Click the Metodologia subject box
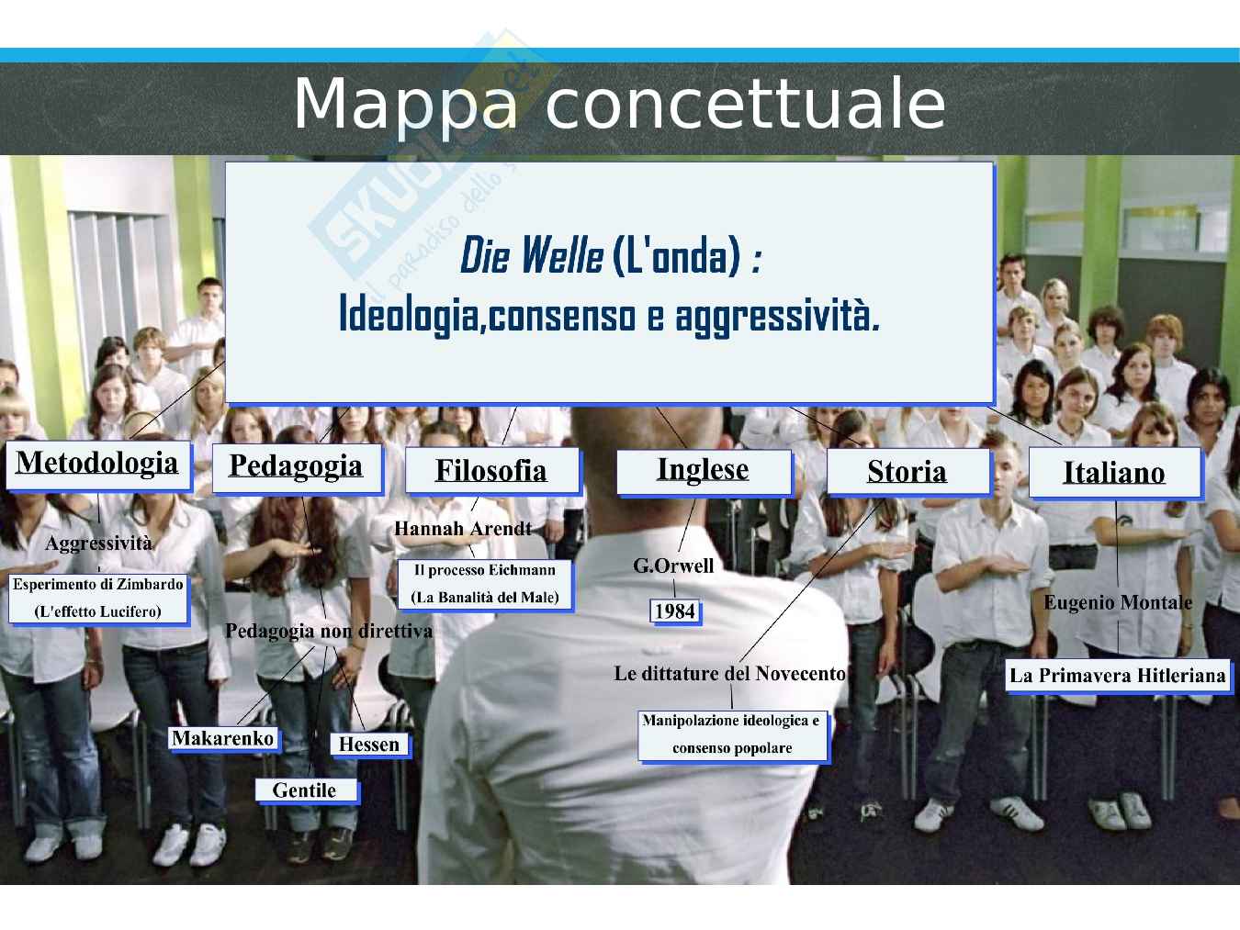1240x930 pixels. pyautogui.click(x=98, y=466)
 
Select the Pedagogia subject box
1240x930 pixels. pyautogui.click(x=298, y=469)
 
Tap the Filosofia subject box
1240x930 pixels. pyautogui.click(x=492, y=471)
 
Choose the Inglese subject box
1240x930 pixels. pyautogui.click(x=705, y=473)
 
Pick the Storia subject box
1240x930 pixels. pyautogui.click(x=908, y=473)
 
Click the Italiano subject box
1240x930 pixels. pyautogui.click(x=1116, y=473)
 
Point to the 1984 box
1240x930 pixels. pyautogui.click(x=676, y=611)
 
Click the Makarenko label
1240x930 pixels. pyautogui.click(x=224, y=738)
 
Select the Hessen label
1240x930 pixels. pyautogui.click(x=369, y=745)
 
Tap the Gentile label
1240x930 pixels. pyautogui.click(x=306, y=790)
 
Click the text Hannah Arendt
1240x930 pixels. pyautogui.click(x=463, y=529)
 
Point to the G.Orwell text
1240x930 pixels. pyautogui.click(x=673, y=566)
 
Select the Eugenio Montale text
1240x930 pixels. pyautogui.click(x=1118, y=602)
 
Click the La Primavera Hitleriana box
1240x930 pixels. pyautogui.click(x=1118, y=676)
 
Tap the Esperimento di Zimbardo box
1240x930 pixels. pyautogui.click(x=98, y=599)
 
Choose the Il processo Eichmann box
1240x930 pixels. pyautogui.click(x=485, y=584)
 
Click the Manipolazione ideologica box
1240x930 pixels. pyautogui.click(x=733, y=735)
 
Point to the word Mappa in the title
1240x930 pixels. pyautogui.click(x=406, y=105)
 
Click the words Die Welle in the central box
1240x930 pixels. pyautogui.click(x=532, y=256)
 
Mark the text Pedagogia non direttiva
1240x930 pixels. pyautogui.click(x=329, y=631)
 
